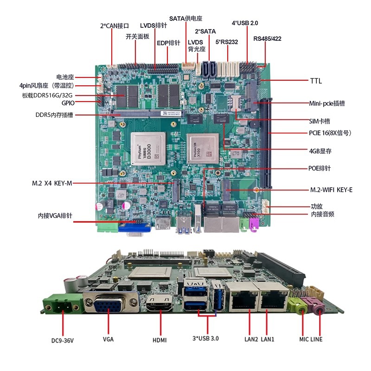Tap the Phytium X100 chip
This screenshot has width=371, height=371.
coord(203,148)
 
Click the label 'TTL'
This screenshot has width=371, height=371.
coord(316,81)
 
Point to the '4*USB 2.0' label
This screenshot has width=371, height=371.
coord(244,23)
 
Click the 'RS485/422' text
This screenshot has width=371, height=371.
coord(267,38)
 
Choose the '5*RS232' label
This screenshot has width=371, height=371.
coord(227,42)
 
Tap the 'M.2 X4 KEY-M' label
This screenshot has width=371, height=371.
coord(52,183)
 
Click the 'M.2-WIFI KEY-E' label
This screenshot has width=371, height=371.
coord(331,190)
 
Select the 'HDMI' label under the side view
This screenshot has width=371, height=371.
coord(160,340)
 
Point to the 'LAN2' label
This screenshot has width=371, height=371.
coord(251,339)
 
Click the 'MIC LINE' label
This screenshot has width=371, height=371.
coord(311,339)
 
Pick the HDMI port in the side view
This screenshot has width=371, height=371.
coord(160,307)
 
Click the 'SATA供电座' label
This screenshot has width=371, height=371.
coord(185,19)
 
